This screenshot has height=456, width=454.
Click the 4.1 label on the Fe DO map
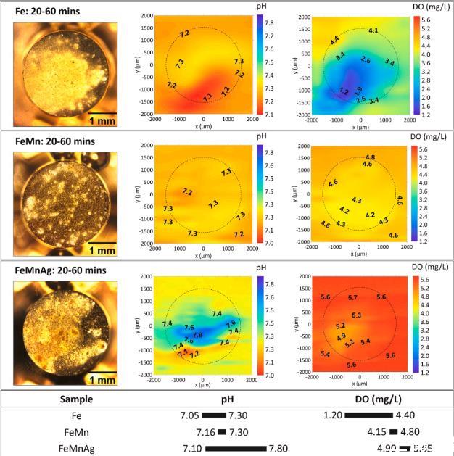click(373, 30)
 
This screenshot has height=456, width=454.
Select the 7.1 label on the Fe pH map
click(207, 96)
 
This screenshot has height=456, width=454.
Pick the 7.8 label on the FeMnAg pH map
click(198, 336)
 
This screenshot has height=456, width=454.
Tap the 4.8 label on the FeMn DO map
click(370, 157)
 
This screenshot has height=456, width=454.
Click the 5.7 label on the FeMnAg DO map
click(352, 298)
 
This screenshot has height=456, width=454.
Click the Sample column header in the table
click(76, 399)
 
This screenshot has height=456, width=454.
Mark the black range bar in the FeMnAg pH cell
click(235, 449)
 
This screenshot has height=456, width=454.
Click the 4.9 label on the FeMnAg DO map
click(341, 336)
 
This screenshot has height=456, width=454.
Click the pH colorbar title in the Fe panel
click(262, 7)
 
